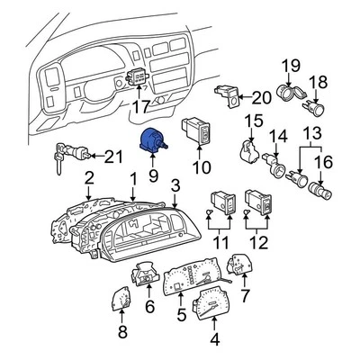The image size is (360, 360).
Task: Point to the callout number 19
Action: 290,65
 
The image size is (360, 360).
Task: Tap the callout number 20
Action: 261,97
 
